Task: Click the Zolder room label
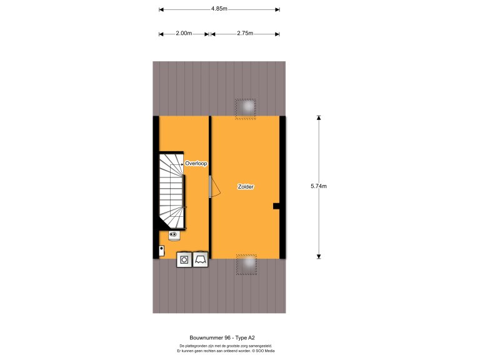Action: tap(246, 187)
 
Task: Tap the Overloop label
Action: tap(196, 163)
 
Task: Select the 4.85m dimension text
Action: tap(219, 9)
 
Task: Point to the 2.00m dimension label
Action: tap(184, 34)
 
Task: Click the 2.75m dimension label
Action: tap(244, 34)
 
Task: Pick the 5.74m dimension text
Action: tap(319, 186)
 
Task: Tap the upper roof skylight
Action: tap(246, 109)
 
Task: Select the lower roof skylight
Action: tap(246, 264)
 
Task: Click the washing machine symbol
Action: tap(184, 259)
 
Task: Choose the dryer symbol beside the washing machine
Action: tap(201, 259)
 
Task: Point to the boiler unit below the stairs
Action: tap(174, 235)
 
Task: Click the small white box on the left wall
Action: tap(161, 251)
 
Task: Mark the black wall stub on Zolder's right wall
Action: tap(276, 205)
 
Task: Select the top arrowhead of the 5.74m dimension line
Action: tap(318, 117)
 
